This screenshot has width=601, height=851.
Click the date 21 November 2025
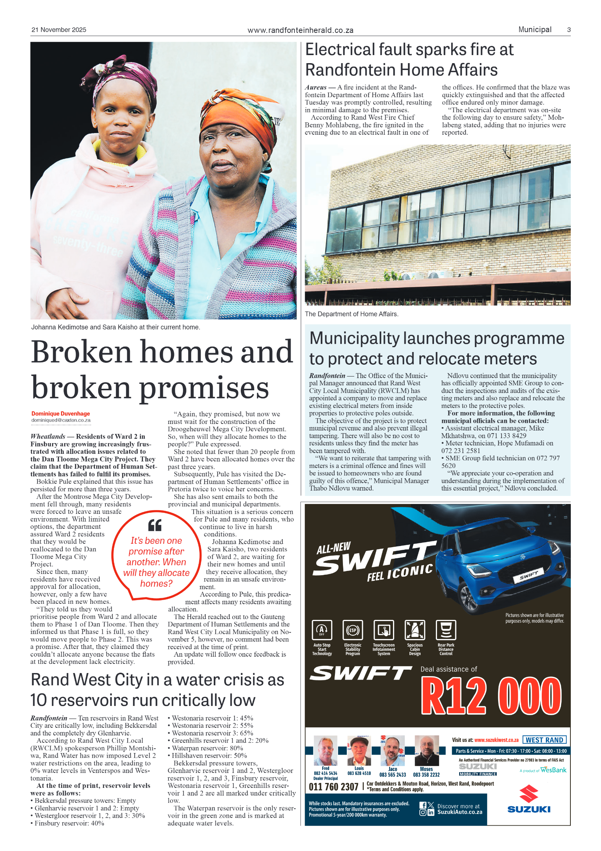[x=58, y=30]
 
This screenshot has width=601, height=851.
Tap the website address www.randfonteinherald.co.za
[x=300, y=30]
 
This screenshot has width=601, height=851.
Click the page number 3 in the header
[x=569, y=30]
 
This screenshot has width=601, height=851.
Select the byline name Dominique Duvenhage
[x=60, y=414]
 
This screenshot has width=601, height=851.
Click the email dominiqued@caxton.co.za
[x=61, y=420]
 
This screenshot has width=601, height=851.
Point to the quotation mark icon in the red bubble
[x=155, y=525]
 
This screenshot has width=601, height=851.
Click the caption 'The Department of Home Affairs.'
[x=351, y=314]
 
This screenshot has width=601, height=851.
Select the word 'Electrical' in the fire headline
[x=339, y=50]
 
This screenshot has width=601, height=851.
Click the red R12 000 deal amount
[x=491, y=696]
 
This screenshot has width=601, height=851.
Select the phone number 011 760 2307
[x=333, y=787]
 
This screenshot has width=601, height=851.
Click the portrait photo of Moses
[x=427, y=750]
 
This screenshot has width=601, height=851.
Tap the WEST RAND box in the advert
[x=544, y=740]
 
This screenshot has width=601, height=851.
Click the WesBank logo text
[x=553, y=770]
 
